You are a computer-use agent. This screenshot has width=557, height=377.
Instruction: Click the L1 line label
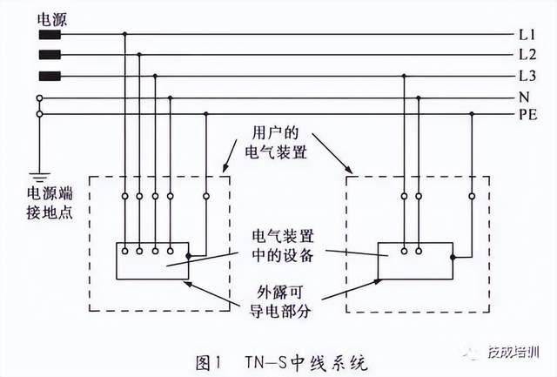(525, 36)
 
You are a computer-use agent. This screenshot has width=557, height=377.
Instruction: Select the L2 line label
(525, 56)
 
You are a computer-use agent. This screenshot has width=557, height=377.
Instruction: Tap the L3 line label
(525, 76)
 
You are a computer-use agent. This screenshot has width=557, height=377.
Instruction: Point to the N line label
(522, 97)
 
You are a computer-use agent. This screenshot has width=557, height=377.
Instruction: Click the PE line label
(526, 114)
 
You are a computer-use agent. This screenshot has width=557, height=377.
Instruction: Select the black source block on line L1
(50, 36)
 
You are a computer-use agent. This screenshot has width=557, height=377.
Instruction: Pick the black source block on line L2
(50, 56)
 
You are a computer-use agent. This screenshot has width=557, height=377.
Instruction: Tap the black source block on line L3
(50, 76)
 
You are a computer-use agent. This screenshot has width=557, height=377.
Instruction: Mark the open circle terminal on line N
(39, 97)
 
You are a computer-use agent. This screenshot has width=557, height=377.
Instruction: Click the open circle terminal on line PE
(39, 114)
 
